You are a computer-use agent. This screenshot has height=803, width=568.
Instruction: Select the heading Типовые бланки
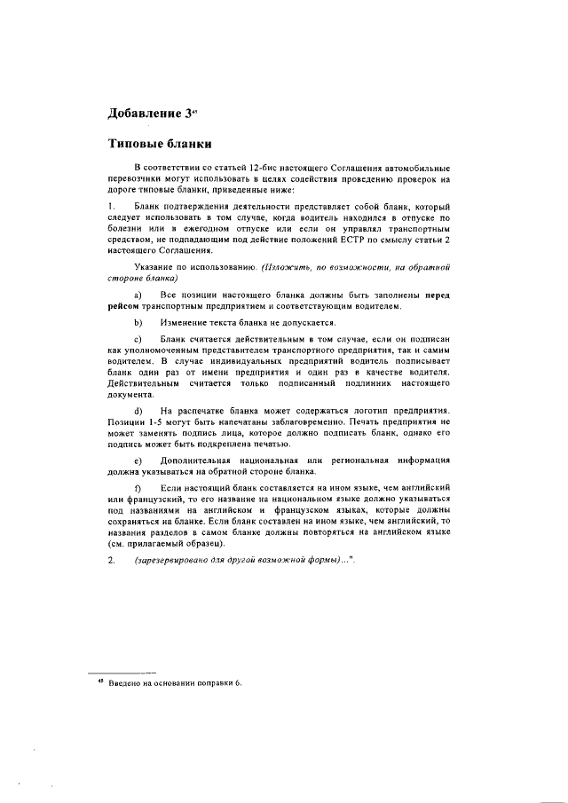coord(158,143)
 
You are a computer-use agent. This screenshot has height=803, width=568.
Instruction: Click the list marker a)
coord(138,295)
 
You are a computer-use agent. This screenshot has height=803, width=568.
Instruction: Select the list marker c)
coord(138,340)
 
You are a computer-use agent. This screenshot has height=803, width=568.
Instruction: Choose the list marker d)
coord(138,409)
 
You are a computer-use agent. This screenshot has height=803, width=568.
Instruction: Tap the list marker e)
coord(138,461)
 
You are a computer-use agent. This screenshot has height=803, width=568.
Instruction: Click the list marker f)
coord(138,488)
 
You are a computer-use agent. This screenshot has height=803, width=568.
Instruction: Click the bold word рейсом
coord(124,306)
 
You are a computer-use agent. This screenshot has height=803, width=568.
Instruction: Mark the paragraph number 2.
coord(111,560)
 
